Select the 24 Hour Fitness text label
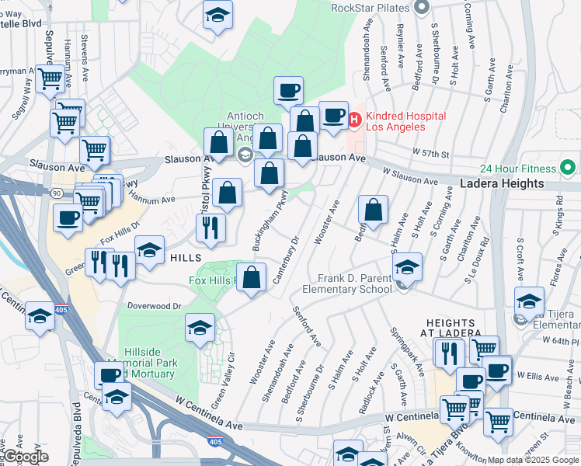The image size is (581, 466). tap(518, 169)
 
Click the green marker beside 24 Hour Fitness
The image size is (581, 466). tap(568, 168)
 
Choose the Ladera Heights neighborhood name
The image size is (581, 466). tap(502, 184)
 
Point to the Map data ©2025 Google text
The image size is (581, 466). tap(533, 460)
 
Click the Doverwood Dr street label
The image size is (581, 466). tap(155, 307)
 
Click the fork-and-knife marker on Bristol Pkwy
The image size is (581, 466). tap(210, 227)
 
